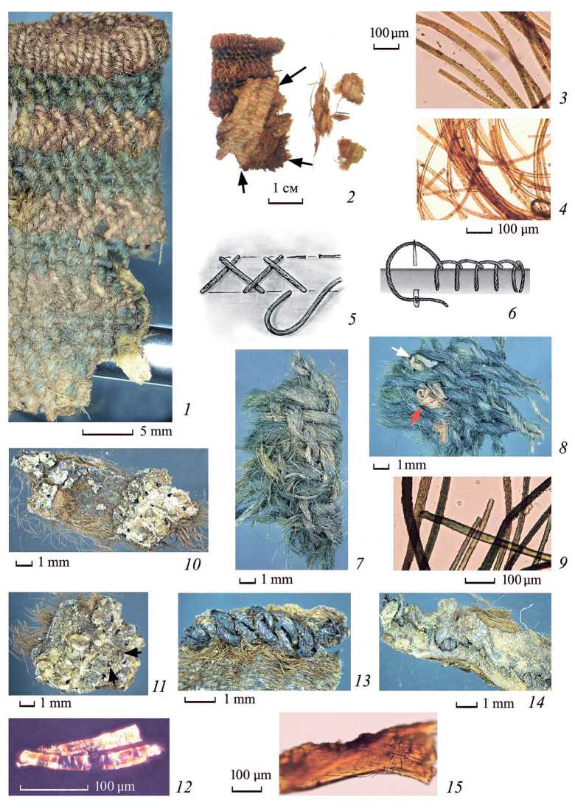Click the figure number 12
coord(184,787)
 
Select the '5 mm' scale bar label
coord(156,430)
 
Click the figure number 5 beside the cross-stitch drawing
coord(352,319)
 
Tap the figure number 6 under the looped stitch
coord(512,312)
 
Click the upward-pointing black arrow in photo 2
coord(243,183)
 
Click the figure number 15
coord(454,787)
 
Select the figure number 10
coord(192,564)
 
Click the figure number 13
coord(363,681)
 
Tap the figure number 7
coord(359,563)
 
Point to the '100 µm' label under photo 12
coord(115,787)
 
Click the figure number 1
coord(187,410)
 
